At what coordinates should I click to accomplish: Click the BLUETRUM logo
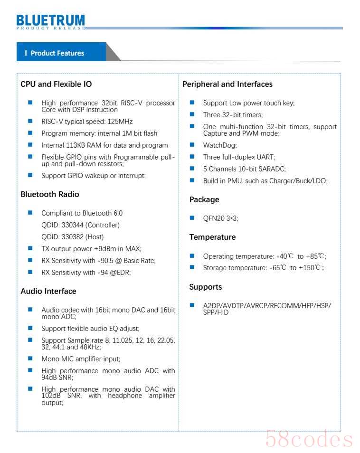click(x=50, y=21)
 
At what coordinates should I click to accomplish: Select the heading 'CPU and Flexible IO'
click(x=56, y=84)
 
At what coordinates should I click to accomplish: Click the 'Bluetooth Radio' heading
click(x=50, y=194)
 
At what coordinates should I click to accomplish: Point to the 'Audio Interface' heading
click(x=48, y=291)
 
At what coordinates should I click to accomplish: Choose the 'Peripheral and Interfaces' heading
click(x=227, y=84)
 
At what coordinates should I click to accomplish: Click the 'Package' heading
click(x=204, y=199)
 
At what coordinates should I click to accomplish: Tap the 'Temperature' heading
click(x=212, y=237)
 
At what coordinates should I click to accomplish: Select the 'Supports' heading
click(x=206, y=287)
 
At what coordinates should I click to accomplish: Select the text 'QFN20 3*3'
click(x=220, y=218)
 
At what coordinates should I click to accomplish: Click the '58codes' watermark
click(x=309, y=438)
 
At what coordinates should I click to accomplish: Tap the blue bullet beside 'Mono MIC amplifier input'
click(x=30, y=359)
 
